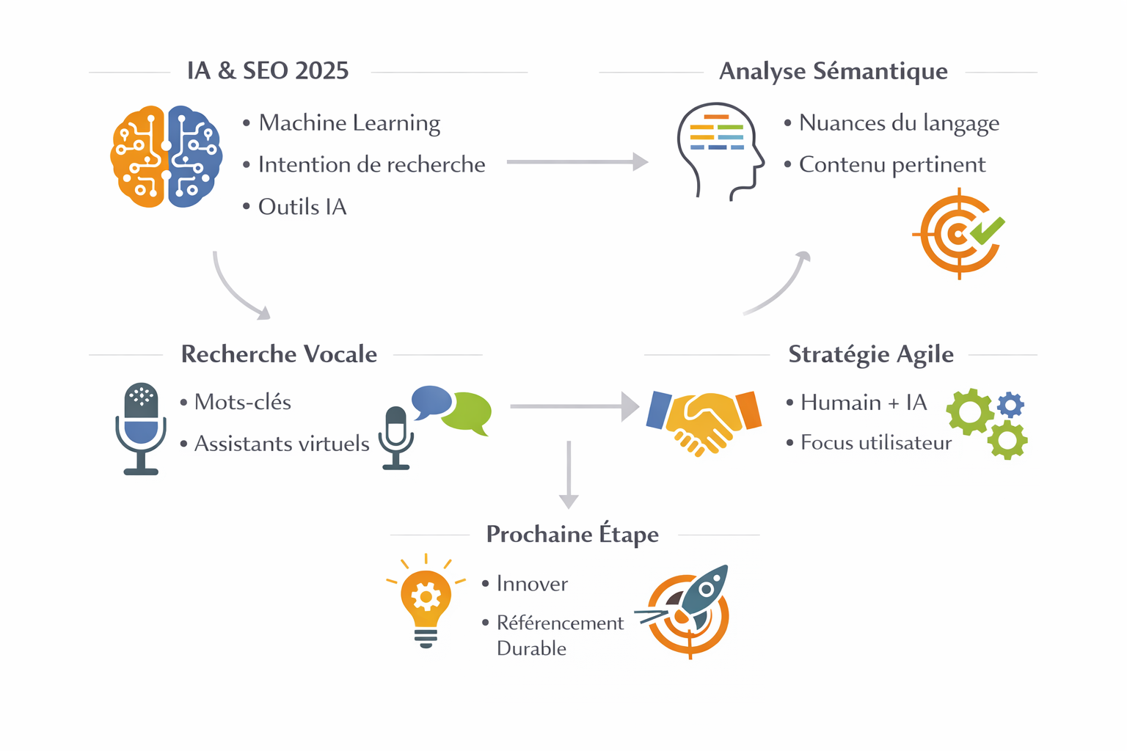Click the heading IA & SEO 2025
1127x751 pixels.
[268, 71]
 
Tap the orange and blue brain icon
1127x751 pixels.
[167, 156]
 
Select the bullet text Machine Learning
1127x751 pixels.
[349, 123]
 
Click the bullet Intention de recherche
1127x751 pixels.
[371, 165]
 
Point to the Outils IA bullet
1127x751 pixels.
[302, 208]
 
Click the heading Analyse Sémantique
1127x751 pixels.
[833, 71]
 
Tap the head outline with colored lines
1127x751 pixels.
[719, 150]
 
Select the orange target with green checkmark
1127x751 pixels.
[960, 234]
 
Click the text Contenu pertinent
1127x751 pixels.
[891, 165]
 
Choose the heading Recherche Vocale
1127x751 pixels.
[279, 354]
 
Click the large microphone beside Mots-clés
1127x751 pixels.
[141, 428]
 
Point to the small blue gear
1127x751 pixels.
[1010, 404]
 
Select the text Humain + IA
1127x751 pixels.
[864, 403]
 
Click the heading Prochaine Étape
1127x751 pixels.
[572, 534]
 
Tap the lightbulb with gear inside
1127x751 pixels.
[426, 601]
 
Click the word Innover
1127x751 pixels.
[532, 584]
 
